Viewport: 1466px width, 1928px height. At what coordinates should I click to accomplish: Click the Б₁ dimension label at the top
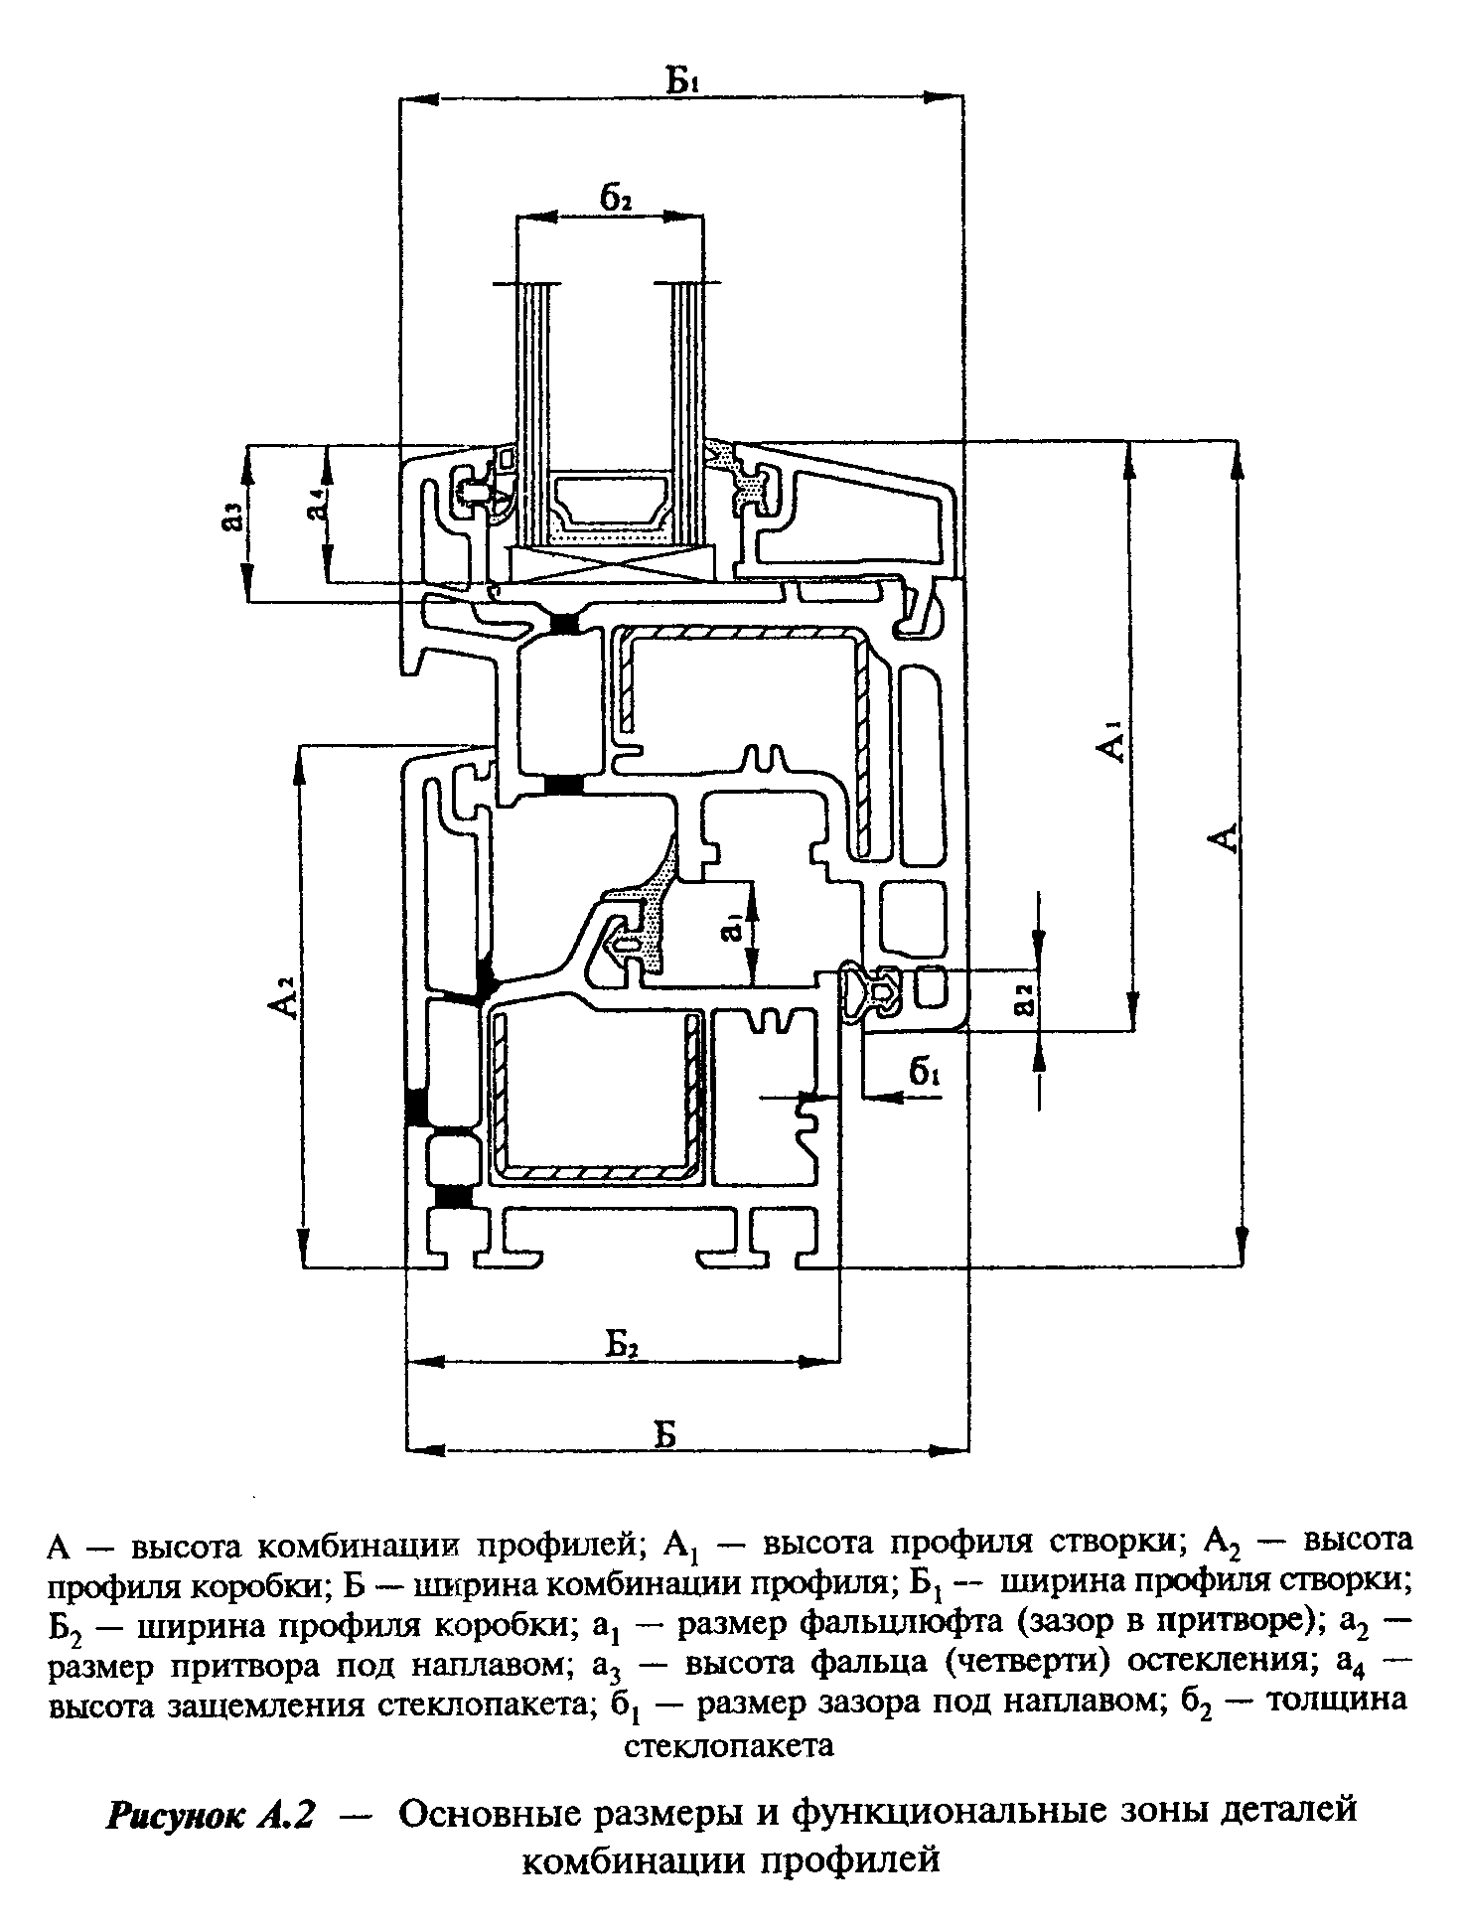coord(683,78)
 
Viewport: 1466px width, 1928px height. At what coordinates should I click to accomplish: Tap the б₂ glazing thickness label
coord(616,197)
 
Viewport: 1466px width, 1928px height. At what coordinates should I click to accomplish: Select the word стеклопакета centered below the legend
coord(728,1745)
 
